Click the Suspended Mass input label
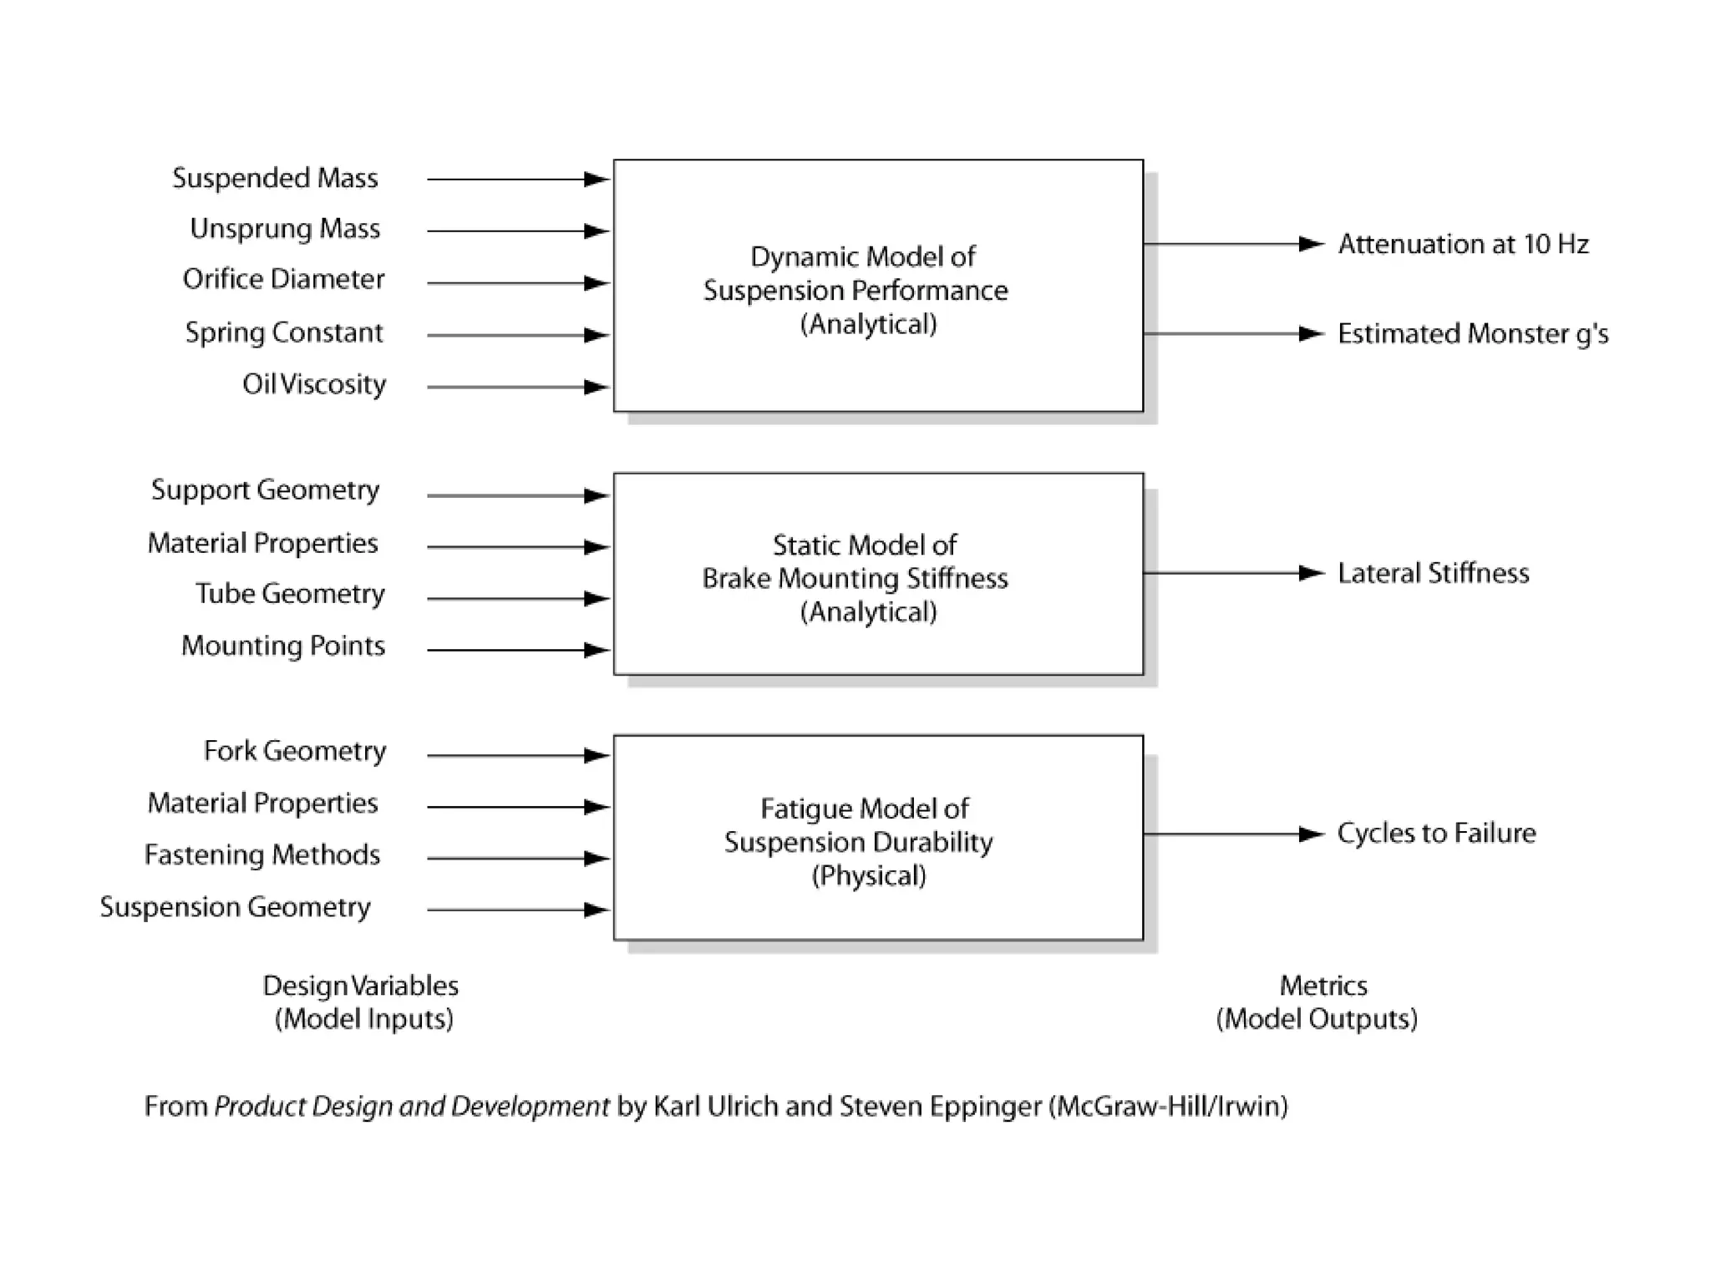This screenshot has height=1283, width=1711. coord(275,178)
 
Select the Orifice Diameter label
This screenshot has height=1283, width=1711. coord(283,279)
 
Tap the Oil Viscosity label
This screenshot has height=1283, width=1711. coord(314,384)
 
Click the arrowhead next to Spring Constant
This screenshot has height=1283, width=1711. coord(596,335)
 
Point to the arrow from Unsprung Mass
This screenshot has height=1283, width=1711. coord(518,231)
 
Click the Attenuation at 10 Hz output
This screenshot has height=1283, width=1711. coord(1463,244)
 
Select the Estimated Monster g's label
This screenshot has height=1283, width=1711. coord(1472,333)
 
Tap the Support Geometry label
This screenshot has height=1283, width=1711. coord(265,489)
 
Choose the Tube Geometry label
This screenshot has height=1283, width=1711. coord(290,594)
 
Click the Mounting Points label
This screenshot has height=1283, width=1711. coord(283,646)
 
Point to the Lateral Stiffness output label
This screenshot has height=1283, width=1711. coord(1433,573)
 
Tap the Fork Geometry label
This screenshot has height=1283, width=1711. coord(295,751)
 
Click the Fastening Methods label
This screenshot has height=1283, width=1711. coord(262,854)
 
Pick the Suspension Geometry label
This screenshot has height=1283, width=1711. coord(235,907)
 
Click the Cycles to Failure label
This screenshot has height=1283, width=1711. coord(1436,833)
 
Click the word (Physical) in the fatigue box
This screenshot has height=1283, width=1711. coord(869,875)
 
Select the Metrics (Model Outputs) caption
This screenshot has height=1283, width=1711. coord(1318,1002)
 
